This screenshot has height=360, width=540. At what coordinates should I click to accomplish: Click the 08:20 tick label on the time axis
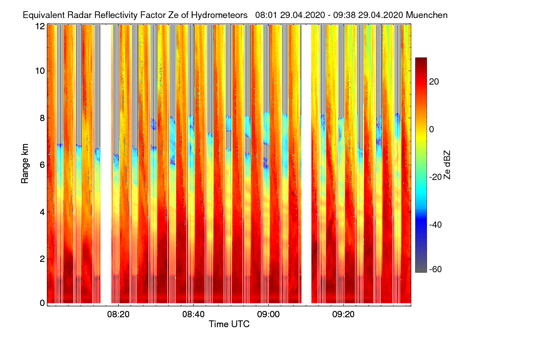coord(118,315)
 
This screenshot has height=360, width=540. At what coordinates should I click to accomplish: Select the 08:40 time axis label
coord(193,315)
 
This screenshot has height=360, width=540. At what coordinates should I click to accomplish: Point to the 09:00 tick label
coord(268,315)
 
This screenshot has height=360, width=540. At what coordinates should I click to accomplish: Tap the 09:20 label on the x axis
coord(343,315)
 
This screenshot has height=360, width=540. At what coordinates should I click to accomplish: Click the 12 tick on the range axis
coord(40,26)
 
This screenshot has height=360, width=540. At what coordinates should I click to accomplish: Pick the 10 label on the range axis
coord(40,71)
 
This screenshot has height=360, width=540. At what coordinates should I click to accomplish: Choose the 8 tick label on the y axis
coord(42,118)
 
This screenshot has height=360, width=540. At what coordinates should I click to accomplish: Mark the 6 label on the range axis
coord(42,165)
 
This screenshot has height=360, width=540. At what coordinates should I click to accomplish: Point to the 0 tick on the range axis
coord(42,303)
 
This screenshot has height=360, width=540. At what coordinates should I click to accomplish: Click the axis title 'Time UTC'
coord(229,324)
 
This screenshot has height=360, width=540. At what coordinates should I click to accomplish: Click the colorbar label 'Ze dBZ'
coord(447,165)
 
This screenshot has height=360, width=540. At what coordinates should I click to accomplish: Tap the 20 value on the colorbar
coord(434,81)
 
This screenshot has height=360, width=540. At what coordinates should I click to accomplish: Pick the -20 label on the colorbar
coord(436,177)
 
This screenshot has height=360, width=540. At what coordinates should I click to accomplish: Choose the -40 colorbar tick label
coord(436,225)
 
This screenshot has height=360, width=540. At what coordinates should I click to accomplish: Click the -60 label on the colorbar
coord(436,270)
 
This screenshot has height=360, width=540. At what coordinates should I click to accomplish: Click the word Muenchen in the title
coord(427,15)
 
